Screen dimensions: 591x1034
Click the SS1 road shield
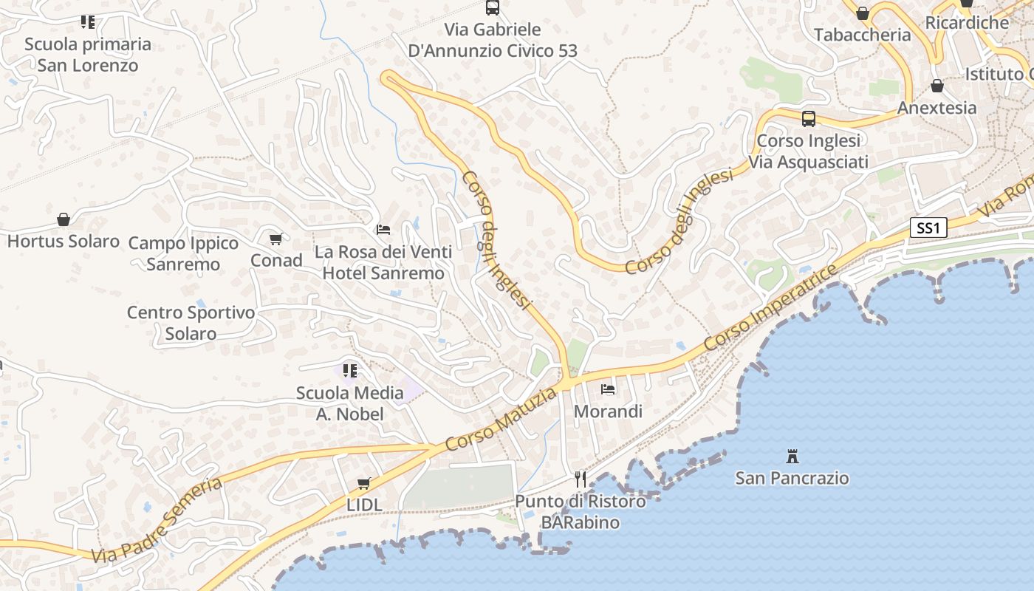(x=927, y=228)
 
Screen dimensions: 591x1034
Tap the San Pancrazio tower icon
(x=792, y=456)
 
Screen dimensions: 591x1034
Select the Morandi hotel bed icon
(x=608, y=389)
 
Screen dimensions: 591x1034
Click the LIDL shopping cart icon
(x=363, y=484)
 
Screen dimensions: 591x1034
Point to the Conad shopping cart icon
(x=276, y=239)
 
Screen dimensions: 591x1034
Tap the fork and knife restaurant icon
(x=581, y=479)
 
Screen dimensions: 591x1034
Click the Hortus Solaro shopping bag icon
(x=64, y=219)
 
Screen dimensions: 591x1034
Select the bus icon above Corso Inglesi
(x=809, y=118)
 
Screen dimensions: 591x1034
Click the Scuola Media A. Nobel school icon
(x=350, y=370)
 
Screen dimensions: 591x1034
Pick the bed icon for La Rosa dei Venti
(x=383, y=230)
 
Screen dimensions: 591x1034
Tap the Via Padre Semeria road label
(x=157, y=520)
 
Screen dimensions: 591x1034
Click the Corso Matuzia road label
(x=501, y=420)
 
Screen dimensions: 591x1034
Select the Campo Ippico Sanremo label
(x=183, y=253)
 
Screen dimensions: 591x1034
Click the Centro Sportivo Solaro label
(x=191, y=323)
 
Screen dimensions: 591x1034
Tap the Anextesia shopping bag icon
(x=937, y=86)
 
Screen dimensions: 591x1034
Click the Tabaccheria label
(x=862, y=35)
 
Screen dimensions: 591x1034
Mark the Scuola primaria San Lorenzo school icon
(x=88, y=22)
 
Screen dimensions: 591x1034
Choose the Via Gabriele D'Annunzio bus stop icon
(x=493, y=7)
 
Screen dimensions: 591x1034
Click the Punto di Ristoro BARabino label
(x=581, y=512)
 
